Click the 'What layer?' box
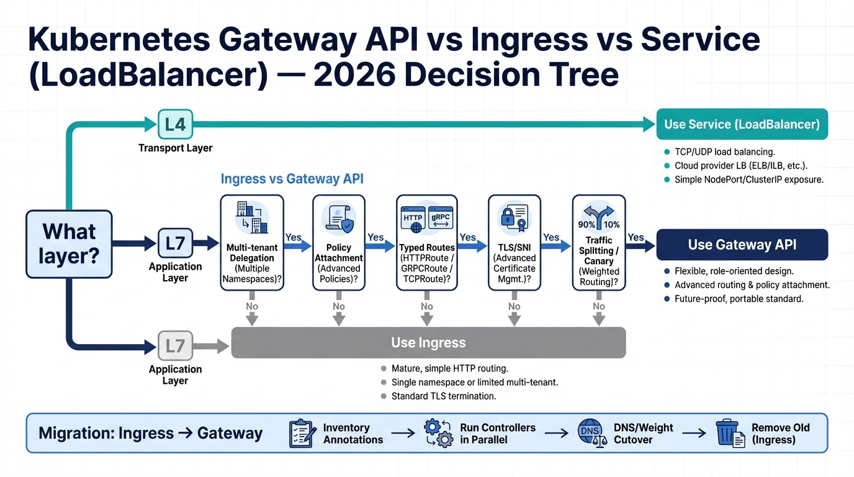(x=69, y=243)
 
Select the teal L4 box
(x=175, y=124)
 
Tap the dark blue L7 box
(x=175, y=243)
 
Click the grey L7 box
(x=175, y=346)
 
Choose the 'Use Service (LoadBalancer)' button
(x=742, y=124)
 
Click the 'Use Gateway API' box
(x=742, y=245)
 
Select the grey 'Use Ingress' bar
(x=428, y=343)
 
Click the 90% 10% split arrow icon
(x=598, y=217)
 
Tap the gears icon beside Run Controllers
(x=438, y=433)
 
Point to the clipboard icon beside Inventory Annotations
(x=302, y=433)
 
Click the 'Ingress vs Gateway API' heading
(x=292, y=179)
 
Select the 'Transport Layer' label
(x=175, y=148)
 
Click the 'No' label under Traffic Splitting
(x=598, y=306)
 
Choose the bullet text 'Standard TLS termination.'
(x=443, y=396)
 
